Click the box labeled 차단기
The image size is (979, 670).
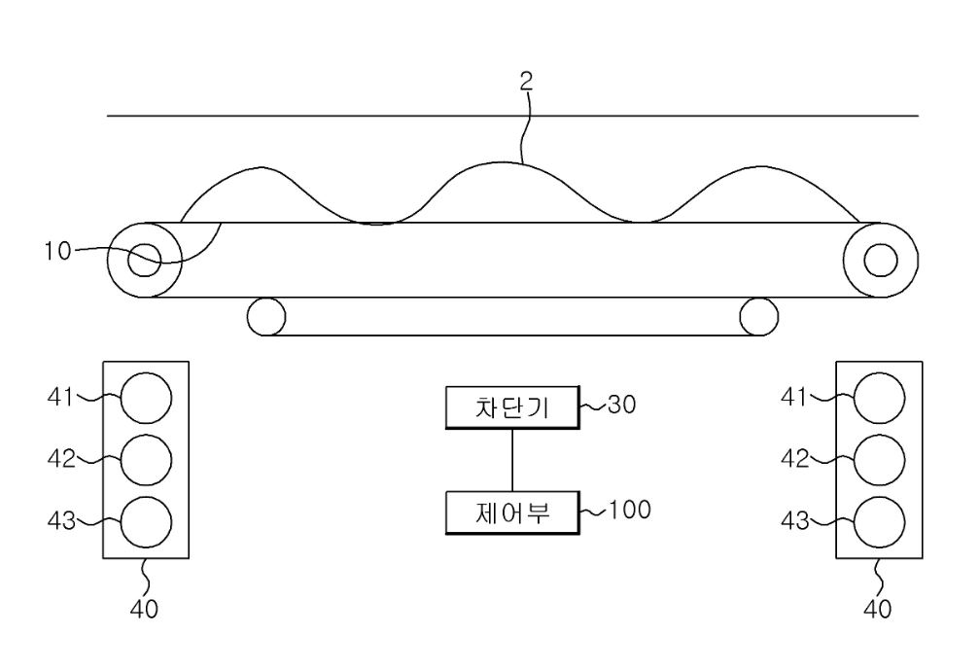click(x=512, y=407)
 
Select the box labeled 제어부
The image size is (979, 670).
click(x=512, y=512)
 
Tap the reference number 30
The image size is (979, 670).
click(x=621, y=405)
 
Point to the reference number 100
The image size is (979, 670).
click(x=629, y=510)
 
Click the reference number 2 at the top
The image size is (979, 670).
click(x=527, y=81)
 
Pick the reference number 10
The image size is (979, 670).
click(x=57, y=251)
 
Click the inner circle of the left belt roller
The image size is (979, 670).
click(x=144, y=260)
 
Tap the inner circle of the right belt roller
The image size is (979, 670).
click(x=881, y=260)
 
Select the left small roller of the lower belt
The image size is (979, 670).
click(x=266, y=317)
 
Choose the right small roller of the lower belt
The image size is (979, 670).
click(x=758, y=317)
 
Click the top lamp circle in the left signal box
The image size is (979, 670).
click(x=146, y=398)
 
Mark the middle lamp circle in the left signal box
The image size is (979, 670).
click(x=146, y=460)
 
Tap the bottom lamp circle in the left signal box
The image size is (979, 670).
click(x=146, y=522)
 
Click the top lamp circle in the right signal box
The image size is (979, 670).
click(x=879, y=398)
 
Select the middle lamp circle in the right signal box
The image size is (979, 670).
click(x=879, y=460)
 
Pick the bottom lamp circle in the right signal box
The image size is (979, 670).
click(x=879, y=522)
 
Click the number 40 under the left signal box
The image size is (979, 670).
click(x=144, y=609)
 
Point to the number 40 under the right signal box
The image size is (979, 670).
click(x=877, y=609)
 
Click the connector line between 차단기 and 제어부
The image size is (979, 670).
click(x=512, y=460)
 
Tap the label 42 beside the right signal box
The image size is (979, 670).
click(x=794, y=459)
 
